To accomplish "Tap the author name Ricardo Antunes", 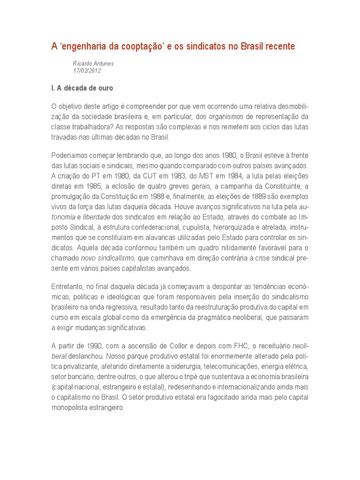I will coord(93,63).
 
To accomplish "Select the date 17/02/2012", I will coord(87,70).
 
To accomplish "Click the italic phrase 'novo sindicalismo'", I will coord(108,258).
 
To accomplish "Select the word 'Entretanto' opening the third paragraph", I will coord(68,286).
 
